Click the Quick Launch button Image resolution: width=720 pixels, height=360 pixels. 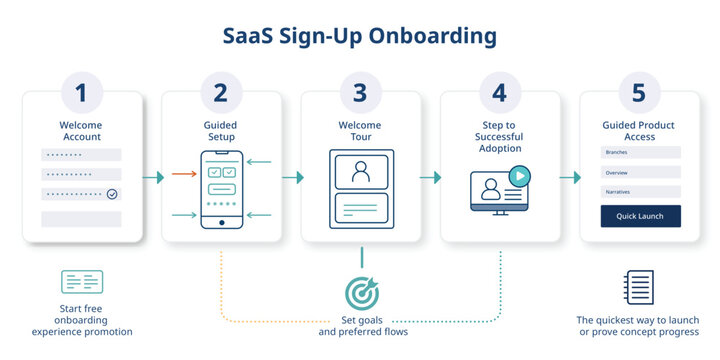click(x=640, y=216)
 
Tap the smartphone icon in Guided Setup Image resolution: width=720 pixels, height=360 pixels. click(x=221, y=190)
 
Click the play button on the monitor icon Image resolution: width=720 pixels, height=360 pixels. click(x=518, y=176)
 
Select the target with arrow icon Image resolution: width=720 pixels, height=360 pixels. click(x=361, y=291)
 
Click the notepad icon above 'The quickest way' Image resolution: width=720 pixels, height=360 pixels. click(x=638, y=287)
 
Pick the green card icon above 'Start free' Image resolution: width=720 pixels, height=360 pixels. click(x=82, y=282)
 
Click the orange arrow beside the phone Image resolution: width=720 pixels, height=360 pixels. click(x=184, y=174)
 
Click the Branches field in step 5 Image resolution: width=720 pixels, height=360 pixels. click(x=640, y=152)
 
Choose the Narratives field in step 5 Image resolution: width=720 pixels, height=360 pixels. click(x=640, y=190)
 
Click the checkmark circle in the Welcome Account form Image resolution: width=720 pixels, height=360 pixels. click(x=112, y=194)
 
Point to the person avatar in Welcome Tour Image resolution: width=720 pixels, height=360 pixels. click(x=361, y=171)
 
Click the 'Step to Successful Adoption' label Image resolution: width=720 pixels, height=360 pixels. click(x=500, y=137)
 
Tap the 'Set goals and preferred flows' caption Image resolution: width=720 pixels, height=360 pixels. click(x=361, y=325)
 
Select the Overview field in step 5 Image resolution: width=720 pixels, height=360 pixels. click(x=640, y=171)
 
